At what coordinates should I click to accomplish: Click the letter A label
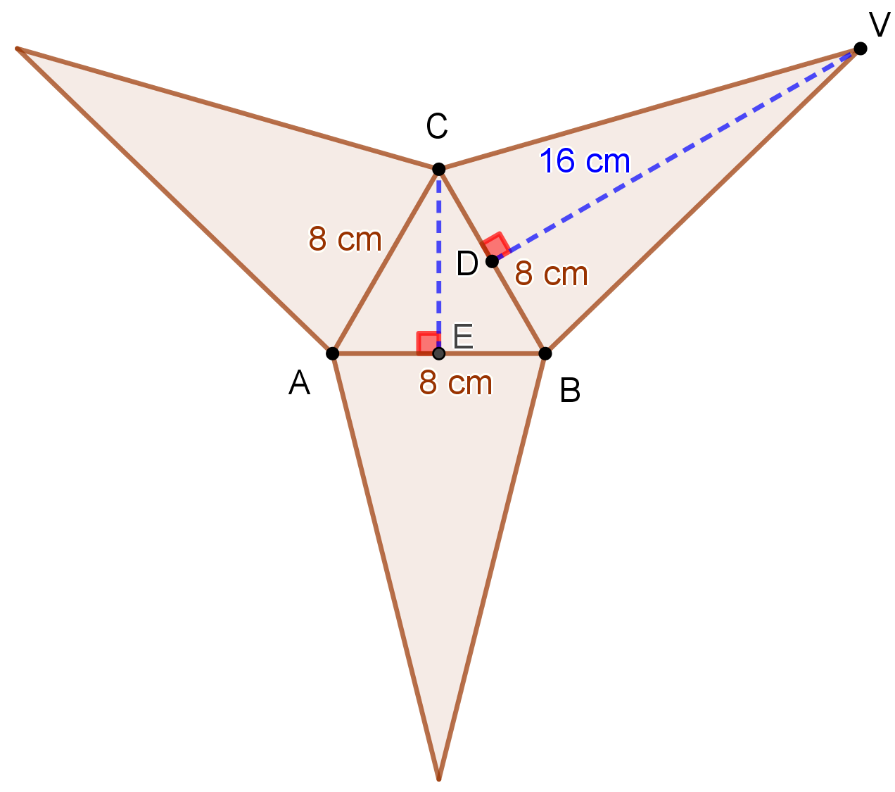pyautogui.click(x=300, y=384)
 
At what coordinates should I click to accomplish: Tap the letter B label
pyautogui.click(x=570, y=390)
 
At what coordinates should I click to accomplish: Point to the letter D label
pyautogui.click(x=467, y=264)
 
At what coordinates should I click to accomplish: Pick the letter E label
pyautogui.click(x=463, y=336)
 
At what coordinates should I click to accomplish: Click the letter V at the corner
pyautogui.click(x=879, y=25)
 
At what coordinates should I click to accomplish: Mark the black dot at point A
pyautogui.click(x=333, y=353)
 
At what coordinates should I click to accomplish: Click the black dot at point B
pyautogui.click(x=545, y=353)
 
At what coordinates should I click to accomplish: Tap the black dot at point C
pyautogui.click(x=438, y=169)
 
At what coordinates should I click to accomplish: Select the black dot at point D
pyautogui.click(x=492, y=262)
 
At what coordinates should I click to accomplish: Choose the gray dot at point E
pyautogui.click(x=438, y=353)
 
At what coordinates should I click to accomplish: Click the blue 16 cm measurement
pyautogui.click(x=585, y=161)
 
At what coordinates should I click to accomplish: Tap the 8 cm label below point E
pyautogui.click(x=456, y=384)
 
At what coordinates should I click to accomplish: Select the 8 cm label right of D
pyautogui.click(x=552, y=274)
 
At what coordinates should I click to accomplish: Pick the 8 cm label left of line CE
pyautogui.click(x=345, y=239)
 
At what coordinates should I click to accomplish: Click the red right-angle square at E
pyautogui.click(x=426, y=341)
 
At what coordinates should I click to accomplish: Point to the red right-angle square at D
pyautogui.click(x=497, y=244)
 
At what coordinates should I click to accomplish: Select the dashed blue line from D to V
pyautogui.click(x=675, y=155)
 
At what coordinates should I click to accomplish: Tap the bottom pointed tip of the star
pyautogui.click(x=439, y=778)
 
